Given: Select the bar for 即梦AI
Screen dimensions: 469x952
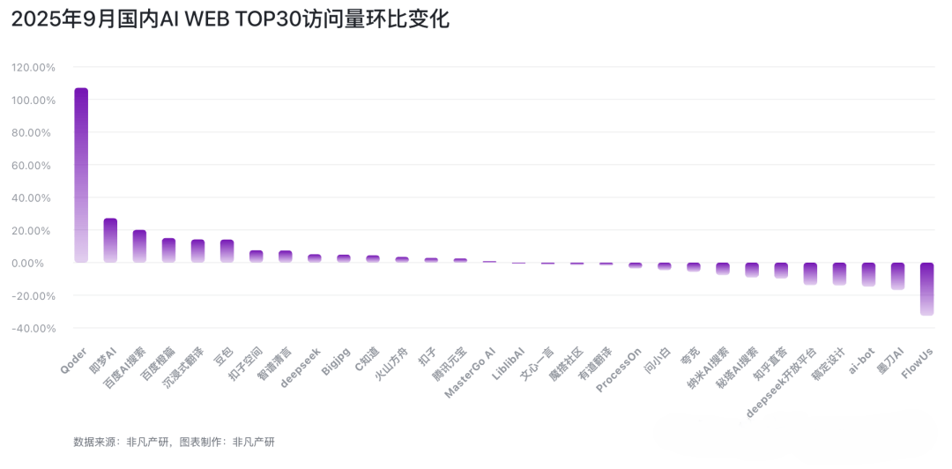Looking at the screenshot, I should coord(110,240).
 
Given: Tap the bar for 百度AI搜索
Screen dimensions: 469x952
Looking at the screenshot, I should coord(139,246).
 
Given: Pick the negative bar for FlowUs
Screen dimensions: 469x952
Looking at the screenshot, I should coord(926,288).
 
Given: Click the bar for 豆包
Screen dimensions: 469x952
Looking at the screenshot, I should coord(227,250).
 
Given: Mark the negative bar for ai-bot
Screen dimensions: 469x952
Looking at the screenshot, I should coord(868,274).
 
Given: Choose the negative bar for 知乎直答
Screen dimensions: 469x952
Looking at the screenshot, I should coord(781,270).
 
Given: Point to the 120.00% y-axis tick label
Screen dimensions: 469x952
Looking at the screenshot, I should coord(33,67).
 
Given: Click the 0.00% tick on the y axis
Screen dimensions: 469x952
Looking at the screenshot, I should coord(38,263).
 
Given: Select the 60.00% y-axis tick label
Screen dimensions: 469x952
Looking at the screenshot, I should coord(35,165).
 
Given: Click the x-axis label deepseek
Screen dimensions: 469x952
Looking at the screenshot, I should coord(301,368).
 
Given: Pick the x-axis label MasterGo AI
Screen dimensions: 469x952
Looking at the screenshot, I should coord(471,372).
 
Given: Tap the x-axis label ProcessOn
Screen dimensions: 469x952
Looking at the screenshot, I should coord(619,370).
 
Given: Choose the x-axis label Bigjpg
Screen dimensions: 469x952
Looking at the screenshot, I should coord(336,362).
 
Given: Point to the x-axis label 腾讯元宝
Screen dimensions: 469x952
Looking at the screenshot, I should coord(448,365).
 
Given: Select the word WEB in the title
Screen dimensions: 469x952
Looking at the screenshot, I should coord(209,20).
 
